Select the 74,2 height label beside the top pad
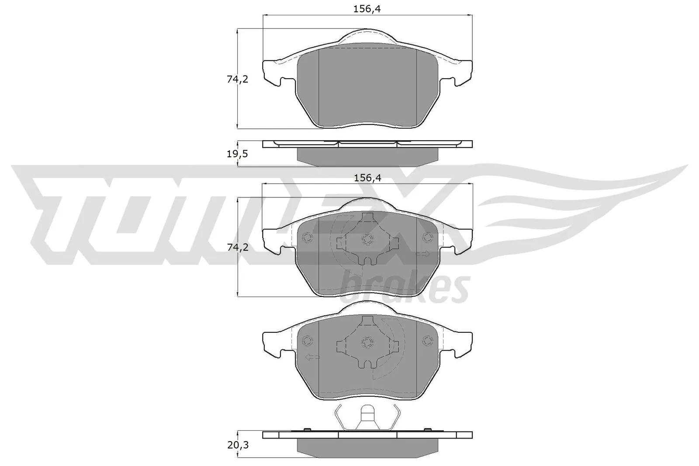[x=238, y=79]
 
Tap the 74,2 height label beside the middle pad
[x=238, y=247]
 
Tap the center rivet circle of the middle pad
[x=367, y=238]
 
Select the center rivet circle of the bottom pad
[x=367, y=341]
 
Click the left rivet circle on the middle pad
[x=307, y=237]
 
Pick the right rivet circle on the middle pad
[x=427, y=237]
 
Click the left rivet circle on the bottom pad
[x=307, y=341]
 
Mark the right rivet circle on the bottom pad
[x=427, y=341]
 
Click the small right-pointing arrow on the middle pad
[x=423, y=254]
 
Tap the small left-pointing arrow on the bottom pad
[x=312, y=357]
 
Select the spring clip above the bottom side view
[x=367, y=417]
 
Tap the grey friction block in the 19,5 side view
[x=367, y=156]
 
